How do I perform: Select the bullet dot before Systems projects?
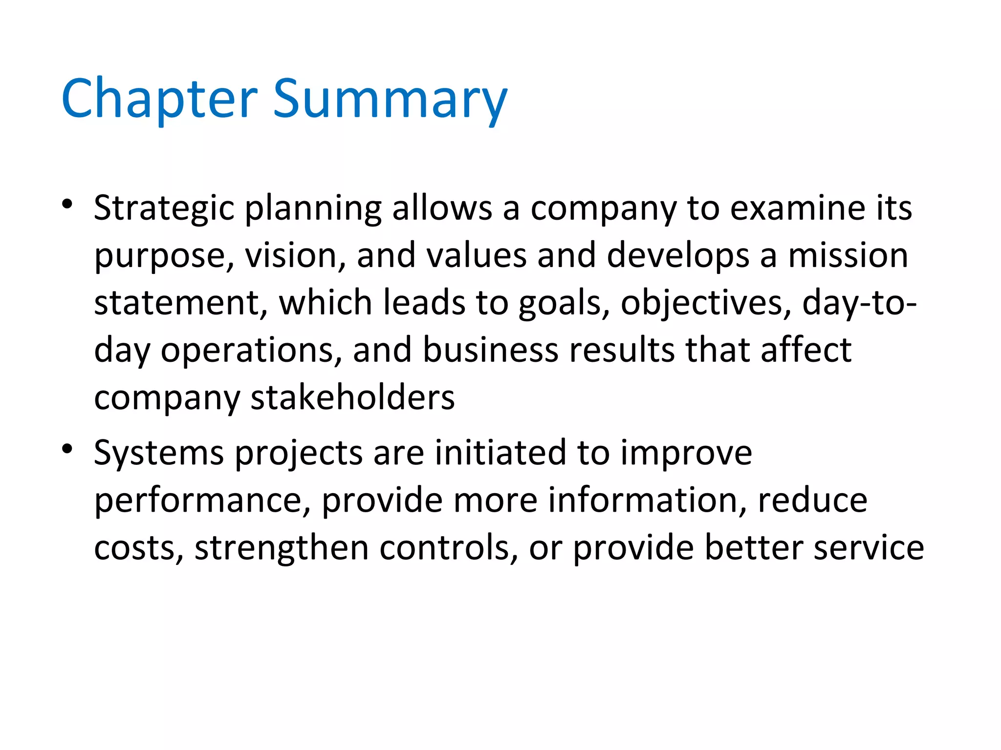(x=67, y=448)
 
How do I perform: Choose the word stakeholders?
(x=352, y=397)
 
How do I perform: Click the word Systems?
(x=159, y=454)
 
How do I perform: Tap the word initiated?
(x=500, y=453)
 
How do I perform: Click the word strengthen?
(x=282, y=548)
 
